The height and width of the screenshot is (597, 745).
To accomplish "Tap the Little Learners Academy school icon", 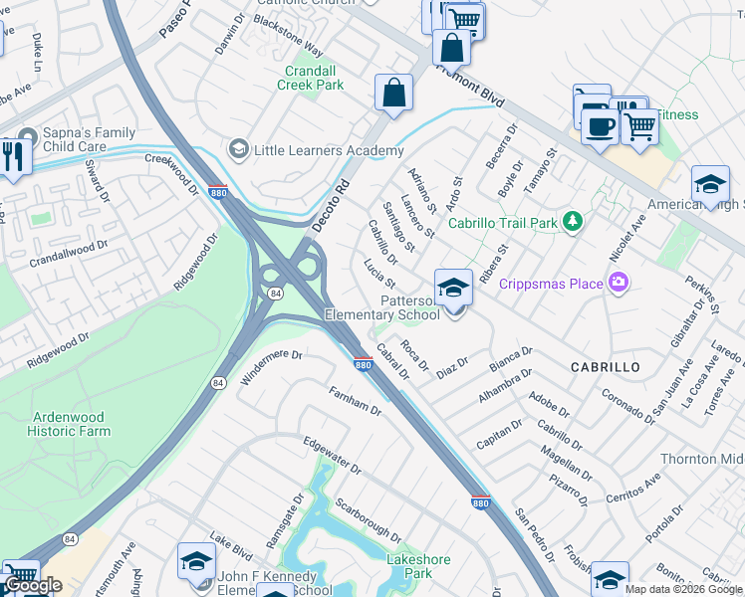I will (237, 150).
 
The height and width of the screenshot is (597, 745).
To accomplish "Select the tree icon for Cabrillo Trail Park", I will (573, 221).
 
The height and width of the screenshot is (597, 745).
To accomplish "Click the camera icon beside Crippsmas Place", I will (620, 284).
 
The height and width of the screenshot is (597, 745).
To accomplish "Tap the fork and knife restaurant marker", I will (13, 157).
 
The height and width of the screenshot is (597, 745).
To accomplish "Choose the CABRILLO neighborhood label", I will (605, 367).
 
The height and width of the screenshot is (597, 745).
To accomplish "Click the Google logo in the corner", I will (32, 585).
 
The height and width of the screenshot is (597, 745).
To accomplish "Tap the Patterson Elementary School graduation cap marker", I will (453, 289).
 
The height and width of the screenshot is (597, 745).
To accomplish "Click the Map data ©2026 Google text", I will (683, 589).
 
